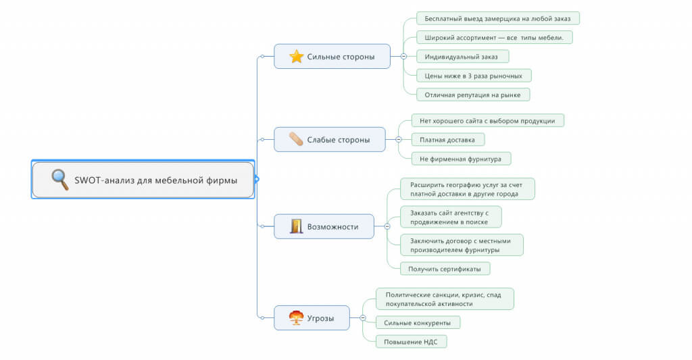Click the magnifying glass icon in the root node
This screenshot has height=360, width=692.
(x=59, y=180)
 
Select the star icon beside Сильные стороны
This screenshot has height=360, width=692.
(x=296, y=57)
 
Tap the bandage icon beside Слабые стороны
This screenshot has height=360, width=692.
(x=296, y=139)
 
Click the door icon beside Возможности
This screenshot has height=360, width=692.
(x=296, y=226)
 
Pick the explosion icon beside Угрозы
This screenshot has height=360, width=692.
(x=296, y=317)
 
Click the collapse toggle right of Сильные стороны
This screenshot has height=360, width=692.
(x=403, y=57)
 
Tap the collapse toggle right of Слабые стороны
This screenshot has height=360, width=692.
(x=399, y=139)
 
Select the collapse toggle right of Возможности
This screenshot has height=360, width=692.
(x=387, y=226)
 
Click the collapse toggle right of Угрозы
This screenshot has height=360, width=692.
(x=363, y=317)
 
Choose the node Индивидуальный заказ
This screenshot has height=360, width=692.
(x=462, y=57)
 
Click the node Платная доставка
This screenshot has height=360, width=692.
(x=448, y=140)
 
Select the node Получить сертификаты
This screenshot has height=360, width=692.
(x=445, y=269)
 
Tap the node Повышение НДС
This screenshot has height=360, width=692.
(x=412, y=342)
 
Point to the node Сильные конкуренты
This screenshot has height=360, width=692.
(x=418, y=323)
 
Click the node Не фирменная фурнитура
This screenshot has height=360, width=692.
(x=461, y=159)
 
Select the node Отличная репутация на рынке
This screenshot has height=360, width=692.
(x=473, y=95)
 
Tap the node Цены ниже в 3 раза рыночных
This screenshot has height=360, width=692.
(x=474, y=76)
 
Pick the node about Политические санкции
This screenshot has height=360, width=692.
(x=445, y=299)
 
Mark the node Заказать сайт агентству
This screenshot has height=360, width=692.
(x=451, y=217)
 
